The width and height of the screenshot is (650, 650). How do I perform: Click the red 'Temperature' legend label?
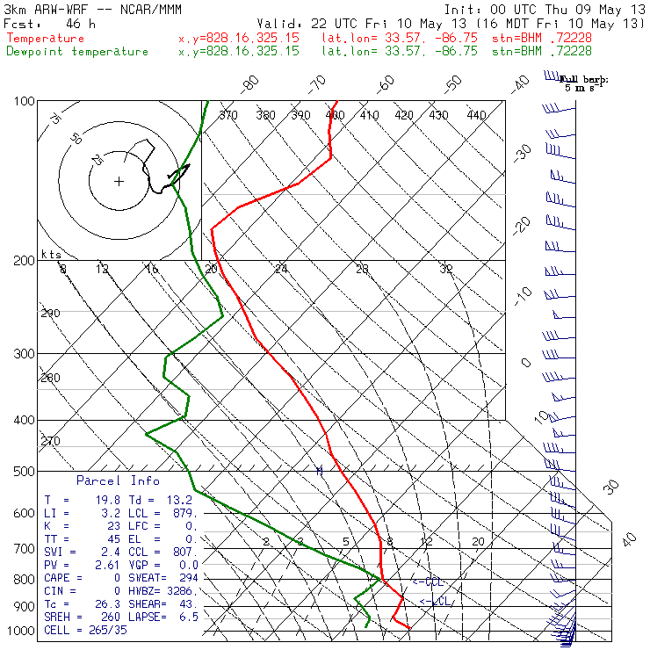point(45,39)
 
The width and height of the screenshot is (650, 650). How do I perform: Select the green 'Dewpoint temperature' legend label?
point(77,52)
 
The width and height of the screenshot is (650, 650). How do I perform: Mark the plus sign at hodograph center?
point(119,182)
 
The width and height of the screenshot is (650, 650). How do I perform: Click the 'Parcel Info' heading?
point(118,480)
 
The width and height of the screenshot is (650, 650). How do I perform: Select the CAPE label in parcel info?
point(59,578)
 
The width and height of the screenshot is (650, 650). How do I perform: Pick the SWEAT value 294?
point(185,578)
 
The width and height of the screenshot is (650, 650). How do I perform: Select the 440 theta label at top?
point(476,115)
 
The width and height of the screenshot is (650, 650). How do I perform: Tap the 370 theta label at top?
point(227,115)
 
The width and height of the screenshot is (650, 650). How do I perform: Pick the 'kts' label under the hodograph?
point(49,254)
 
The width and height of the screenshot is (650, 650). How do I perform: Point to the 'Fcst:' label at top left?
point(18,24)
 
